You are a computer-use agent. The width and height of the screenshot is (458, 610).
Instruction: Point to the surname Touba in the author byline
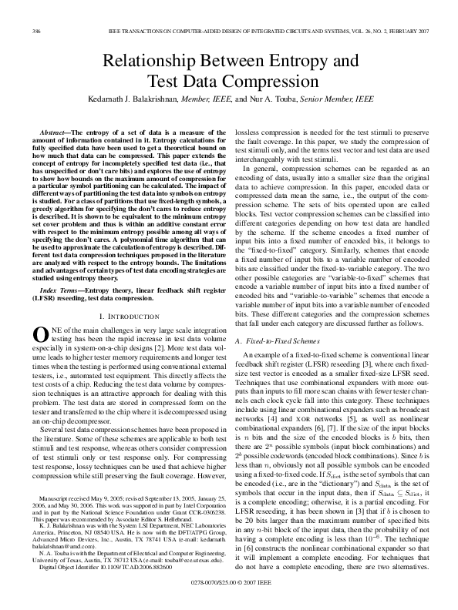tap(278, 99)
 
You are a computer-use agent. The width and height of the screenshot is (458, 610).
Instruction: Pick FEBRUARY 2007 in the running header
tap(402, 31)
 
